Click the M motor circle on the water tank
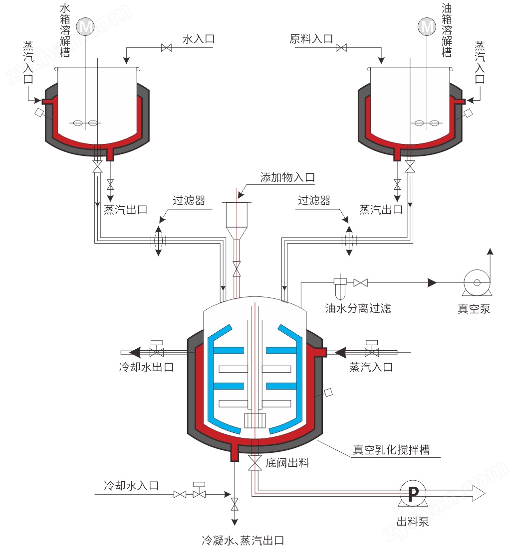(x=85, y=26)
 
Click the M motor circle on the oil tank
(x=427, y=26)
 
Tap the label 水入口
(x=199, y=39)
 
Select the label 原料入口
(x=311, y=39)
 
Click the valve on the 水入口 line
(x=167, y=47)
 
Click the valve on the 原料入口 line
(x=341, y=47)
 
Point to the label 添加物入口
(x=287, y=177)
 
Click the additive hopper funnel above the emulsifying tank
(x=237, y=220)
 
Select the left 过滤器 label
(x=189, y=200)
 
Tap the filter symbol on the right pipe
(x=349, y=241)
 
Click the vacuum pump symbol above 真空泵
(x=477, y=283)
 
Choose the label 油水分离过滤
(x=358, y=308)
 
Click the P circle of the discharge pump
(x=413, y=493)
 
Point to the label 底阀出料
(x=287, y=463)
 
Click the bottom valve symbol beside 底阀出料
(x=255, y=463)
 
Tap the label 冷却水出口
(x=146, y=367)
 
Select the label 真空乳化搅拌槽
(x=391, y=449)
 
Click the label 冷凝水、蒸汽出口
(x=243, y=541)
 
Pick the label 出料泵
(x=413, y=522)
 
